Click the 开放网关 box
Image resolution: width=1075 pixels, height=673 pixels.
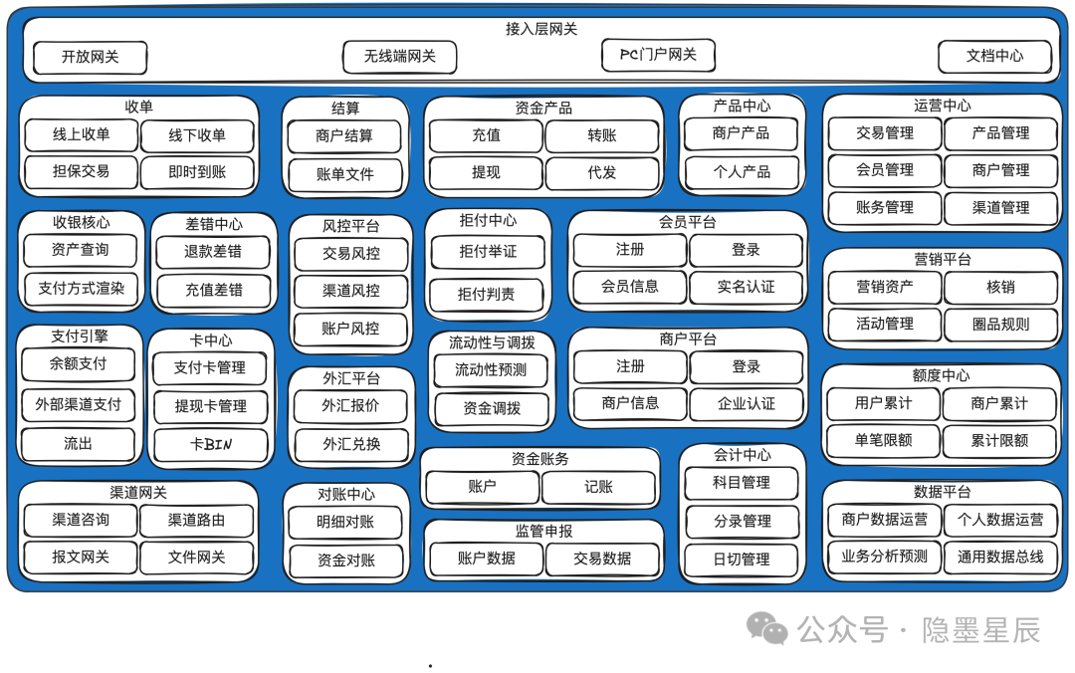90,57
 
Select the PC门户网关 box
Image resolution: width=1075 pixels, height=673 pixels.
658,55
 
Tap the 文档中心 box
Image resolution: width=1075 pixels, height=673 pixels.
994,57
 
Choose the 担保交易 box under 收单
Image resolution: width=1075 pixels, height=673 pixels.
81,171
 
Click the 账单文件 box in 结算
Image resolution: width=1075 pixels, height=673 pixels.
344,175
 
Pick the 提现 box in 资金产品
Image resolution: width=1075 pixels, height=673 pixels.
486,173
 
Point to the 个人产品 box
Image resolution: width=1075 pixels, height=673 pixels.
742,172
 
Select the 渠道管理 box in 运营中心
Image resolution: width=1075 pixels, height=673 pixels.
1001,208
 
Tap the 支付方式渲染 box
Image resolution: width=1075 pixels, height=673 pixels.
81,289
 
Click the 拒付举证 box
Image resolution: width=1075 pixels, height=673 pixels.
488,252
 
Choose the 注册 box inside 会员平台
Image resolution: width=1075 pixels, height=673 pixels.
630,250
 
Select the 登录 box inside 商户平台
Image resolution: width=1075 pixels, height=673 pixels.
746,367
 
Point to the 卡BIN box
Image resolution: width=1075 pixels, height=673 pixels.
210,445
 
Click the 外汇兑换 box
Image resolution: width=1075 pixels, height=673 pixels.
351,445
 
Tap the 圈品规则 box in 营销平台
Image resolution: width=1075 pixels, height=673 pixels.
1001,325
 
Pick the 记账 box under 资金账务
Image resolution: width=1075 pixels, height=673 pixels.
598,487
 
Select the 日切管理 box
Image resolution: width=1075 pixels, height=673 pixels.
742,560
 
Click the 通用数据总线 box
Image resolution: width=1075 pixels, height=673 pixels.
1000,558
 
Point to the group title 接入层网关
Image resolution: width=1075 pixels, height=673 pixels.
541,29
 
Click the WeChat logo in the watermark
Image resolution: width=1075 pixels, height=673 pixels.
767,628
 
